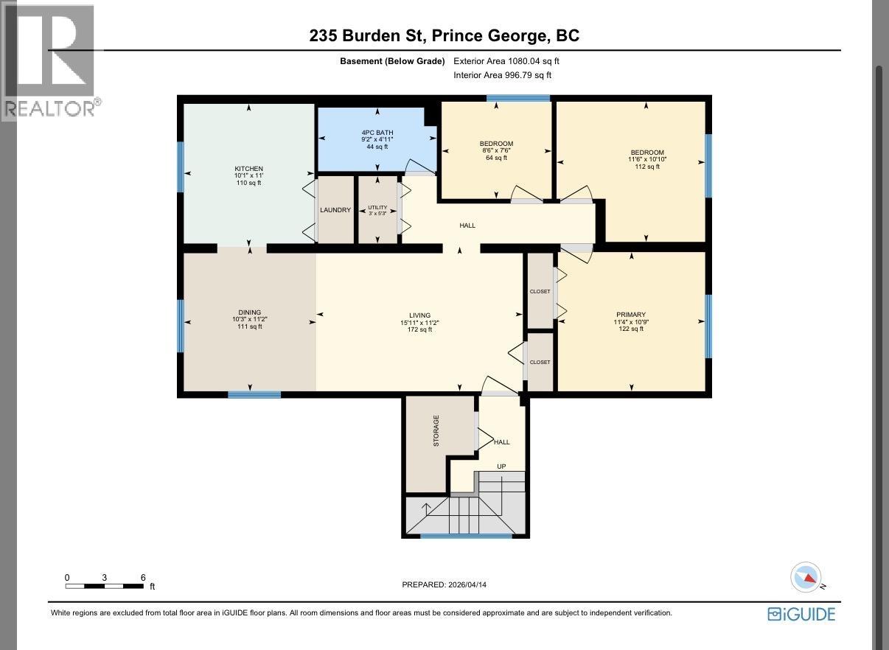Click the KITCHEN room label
[x=248, y=169]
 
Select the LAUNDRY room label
[x=335, y=210]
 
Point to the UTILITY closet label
[x=377, y=208]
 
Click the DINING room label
[x=249, y=312]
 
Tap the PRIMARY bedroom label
[x=631, y=315]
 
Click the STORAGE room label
[x=436, y=431]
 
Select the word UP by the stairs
[x=501, y=466]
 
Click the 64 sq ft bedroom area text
[x=496, y=158]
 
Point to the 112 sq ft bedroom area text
[x=646, y=167]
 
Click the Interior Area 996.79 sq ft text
[x=502, y=75]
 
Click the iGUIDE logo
[x=801, y=614]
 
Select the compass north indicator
[x=806, y=578]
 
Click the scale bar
[x=104, y=586]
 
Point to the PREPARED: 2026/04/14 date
[x=444, y=584]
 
